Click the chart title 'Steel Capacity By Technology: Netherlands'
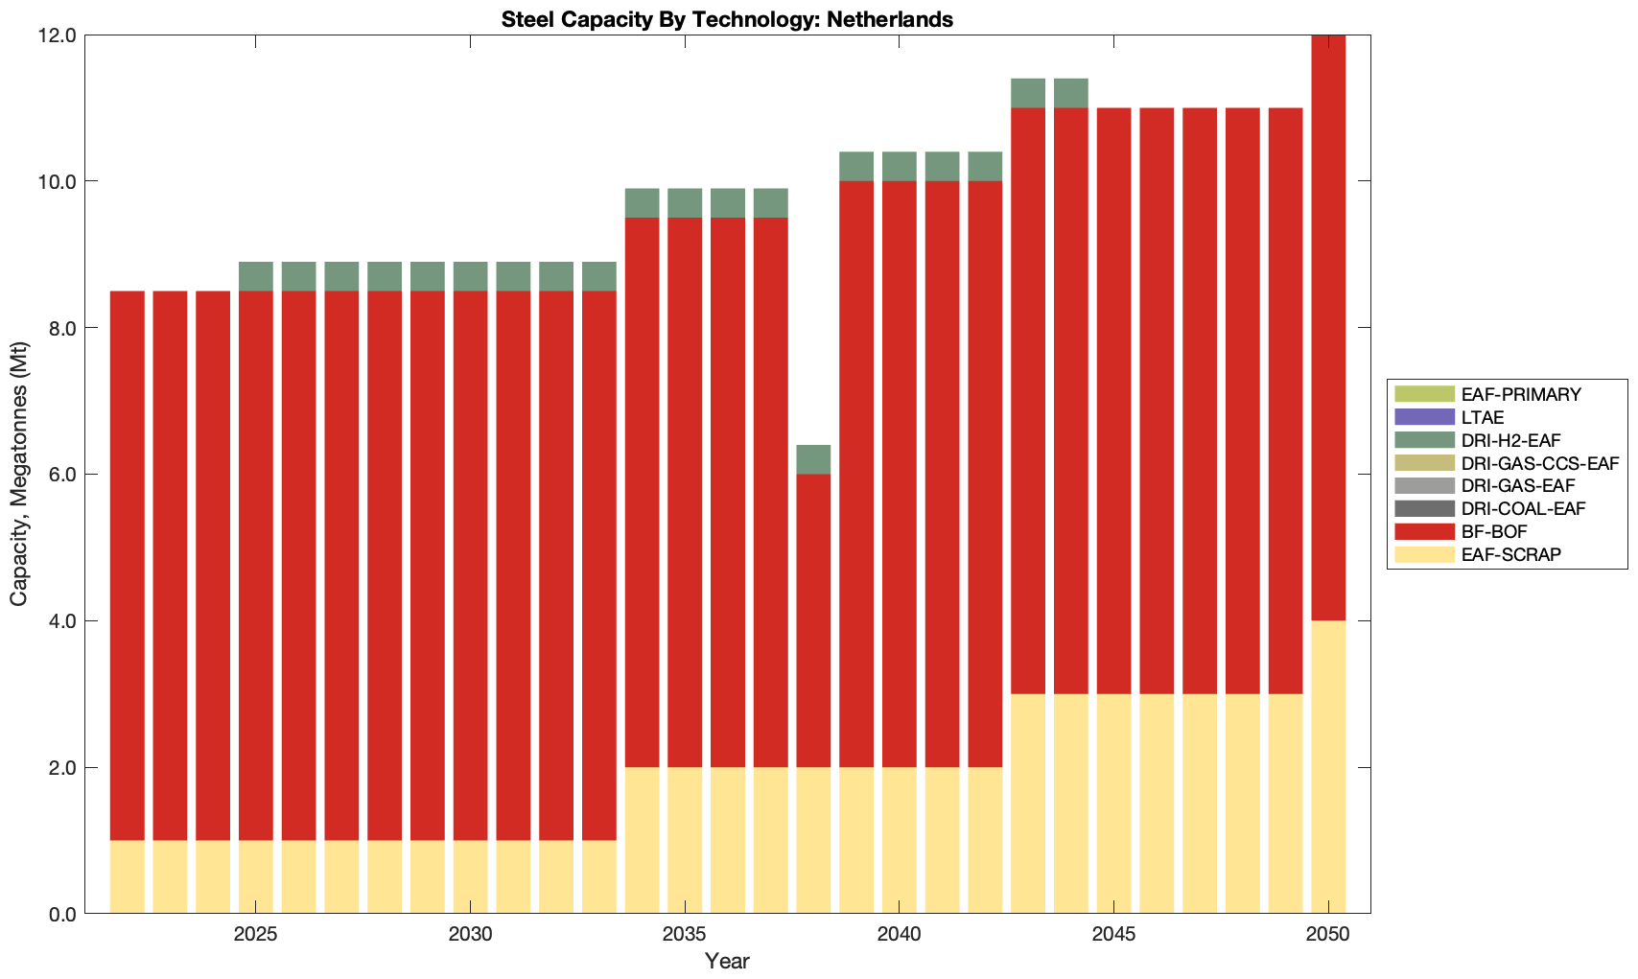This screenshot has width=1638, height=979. (x=727, y=19)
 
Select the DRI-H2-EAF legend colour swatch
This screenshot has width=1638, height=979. (x=1424, y=440)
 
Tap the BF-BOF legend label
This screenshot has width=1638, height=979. (x=1494, y=531)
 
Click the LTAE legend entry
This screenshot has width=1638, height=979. (x=1482, y=417)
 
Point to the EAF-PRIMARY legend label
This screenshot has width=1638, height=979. (x=1521, y=394)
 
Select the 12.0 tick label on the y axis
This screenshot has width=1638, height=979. (x=56, y=35)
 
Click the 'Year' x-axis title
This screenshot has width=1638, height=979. (x=727, y=961)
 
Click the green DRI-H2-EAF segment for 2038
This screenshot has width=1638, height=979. (x=813, y=459)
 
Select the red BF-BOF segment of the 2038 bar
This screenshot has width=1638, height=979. (x=813, y=620)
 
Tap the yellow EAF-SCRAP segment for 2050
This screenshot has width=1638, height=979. (x=1328, y=767)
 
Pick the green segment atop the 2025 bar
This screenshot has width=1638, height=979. (x=256, y=276)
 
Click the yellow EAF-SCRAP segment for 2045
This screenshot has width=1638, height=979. (x=1113, y=804)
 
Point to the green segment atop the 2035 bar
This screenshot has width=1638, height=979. (x=685, y=203)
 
